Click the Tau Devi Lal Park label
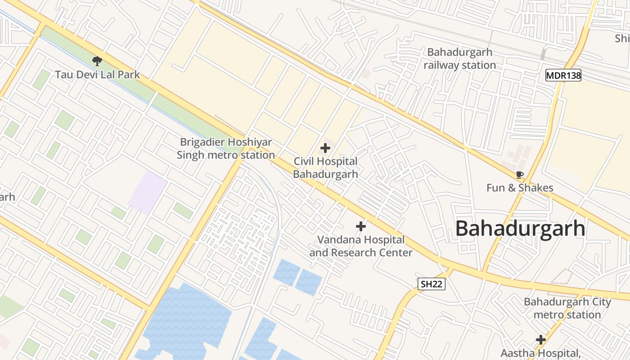point(98,75)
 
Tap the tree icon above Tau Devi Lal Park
point(97,61)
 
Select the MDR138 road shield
point(563,75)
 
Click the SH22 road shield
point(431,284)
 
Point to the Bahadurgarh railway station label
point(460,58)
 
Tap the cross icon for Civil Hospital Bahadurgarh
point(325,148)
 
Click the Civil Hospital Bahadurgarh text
point(325,167)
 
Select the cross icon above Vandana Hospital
point(360,226)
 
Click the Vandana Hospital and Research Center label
point(361,246)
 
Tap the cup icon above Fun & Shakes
point(520,175)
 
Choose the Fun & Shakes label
point(520,188)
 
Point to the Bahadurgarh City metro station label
point(567,308)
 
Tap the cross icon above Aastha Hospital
point(540,340)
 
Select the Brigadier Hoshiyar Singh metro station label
point(226,148)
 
